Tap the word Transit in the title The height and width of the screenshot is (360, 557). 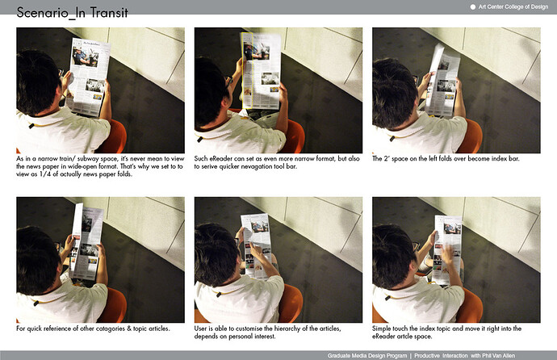pos(109,12)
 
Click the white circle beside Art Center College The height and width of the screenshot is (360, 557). pos(473,6)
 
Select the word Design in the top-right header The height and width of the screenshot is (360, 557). pos(539,6)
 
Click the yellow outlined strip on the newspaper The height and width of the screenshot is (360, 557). pos(247,71)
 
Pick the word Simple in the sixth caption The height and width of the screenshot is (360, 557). pos(380,329)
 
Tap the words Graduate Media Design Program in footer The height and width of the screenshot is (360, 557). pos(367,355)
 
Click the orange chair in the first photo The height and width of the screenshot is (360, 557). pos(115,136)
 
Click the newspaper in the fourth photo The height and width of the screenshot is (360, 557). pos(86,241)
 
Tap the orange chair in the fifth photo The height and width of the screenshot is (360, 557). pos(291,303)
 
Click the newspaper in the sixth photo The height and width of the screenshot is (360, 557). pos(447,249)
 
